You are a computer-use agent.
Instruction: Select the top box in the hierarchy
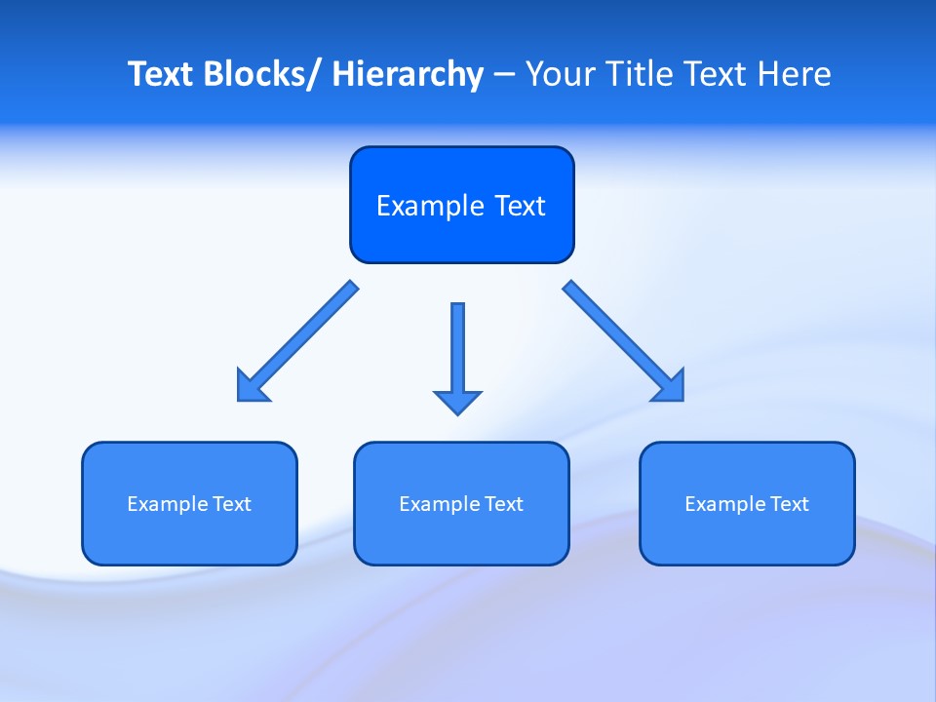click(x=461, y=205)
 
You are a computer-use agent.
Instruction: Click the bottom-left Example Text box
click(x=189, y=503)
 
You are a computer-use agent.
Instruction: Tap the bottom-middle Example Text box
click(x=461, y=503)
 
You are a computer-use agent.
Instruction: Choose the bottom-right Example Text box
click(x=747, y=503)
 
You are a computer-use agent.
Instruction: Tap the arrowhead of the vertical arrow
click(x=457, y=401)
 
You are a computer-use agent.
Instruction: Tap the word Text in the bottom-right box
click(x=789, y=504)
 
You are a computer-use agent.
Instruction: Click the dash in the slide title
click(x=503, y=76)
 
